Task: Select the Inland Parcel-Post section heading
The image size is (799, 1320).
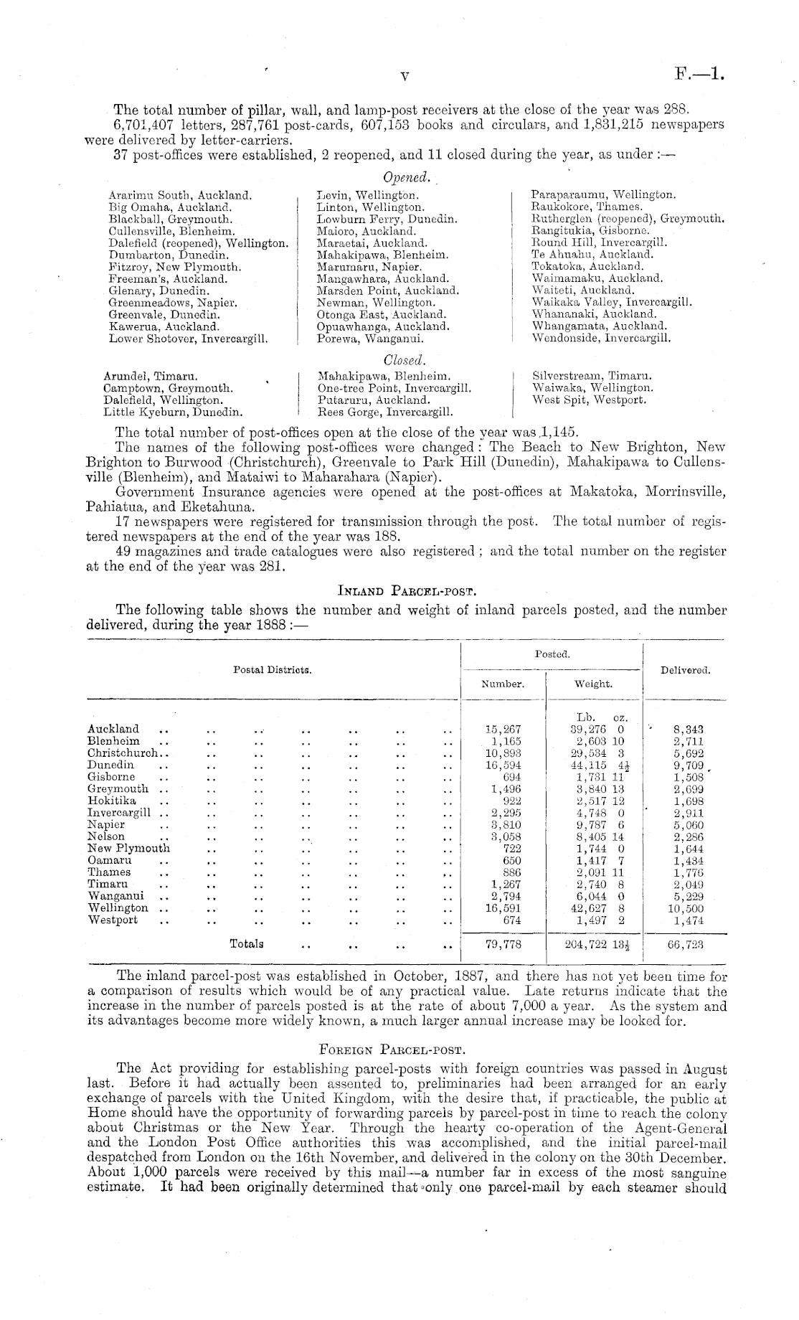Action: (407, 592)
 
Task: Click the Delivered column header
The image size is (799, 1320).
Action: (685, 670)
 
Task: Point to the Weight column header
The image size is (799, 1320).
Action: (593, 684)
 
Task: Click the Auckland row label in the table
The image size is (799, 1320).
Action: (113, 729)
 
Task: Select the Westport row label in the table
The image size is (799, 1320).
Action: (113, 920)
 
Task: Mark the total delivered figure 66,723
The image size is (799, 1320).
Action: (685, 945)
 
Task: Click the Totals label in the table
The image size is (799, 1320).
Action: (246, 944)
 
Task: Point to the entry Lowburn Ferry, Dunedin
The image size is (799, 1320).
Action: (387, 219)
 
